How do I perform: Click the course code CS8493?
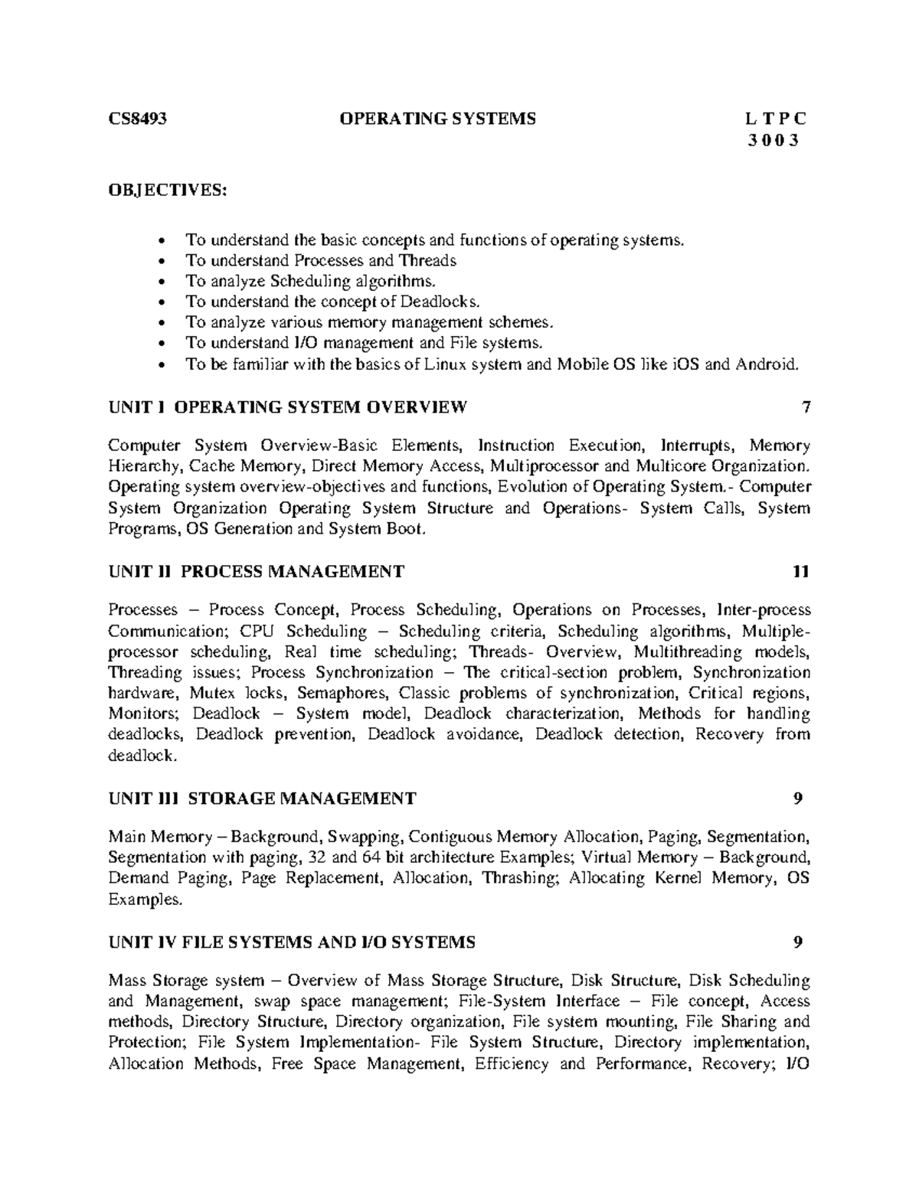(x=137, y=119)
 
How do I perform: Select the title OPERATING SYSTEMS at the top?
(x=438, y=119)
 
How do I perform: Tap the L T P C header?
(x=776, y=119)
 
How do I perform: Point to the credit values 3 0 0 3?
(x=776, y=140)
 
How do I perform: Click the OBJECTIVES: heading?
(x=168, y=190)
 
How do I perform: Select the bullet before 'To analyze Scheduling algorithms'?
(x=160, y=282)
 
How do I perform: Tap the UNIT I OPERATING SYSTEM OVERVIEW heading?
(x=287, y=407)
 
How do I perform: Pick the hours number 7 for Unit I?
(x=805, y=407)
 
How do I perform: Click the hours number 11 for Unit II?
(x=801, y=571)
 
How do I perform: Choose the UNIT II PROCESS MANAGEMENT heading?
(x=256, y=571)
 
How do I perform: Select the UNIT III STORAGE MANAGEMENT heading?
(x=262, y=799)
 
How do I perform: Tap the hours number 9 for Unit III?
(x=799, y=799)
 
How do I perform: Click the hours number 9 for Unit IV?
(x=799, y=942)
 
